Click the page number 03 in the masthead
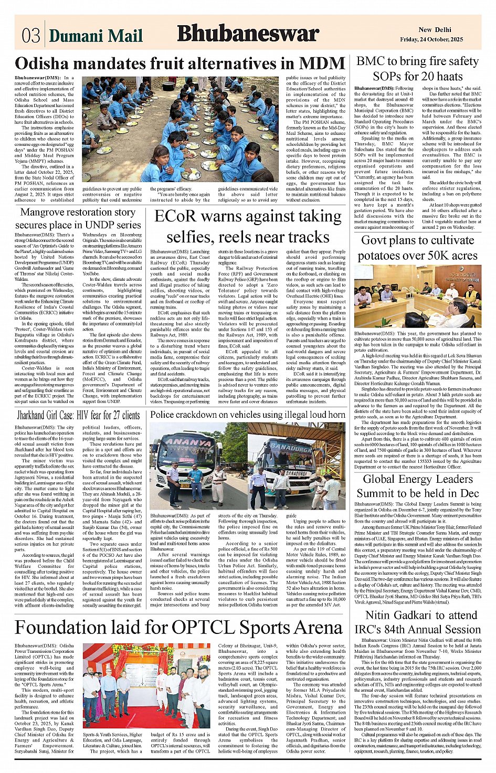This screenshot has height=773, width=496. click(x=31, y=35)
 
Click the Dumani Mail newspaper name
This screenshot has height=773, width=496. click(x=96, y=36)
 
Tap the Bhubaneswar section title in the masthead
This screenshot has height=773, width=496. click(x=248, y=34)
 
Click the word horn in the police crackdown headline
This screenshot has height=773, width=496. click(x=334, y=415)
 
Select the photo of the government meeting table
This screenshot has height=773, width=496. click(x=417, y=297)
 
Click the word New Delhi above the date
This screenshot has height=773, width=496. click(x=435, y=30)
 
